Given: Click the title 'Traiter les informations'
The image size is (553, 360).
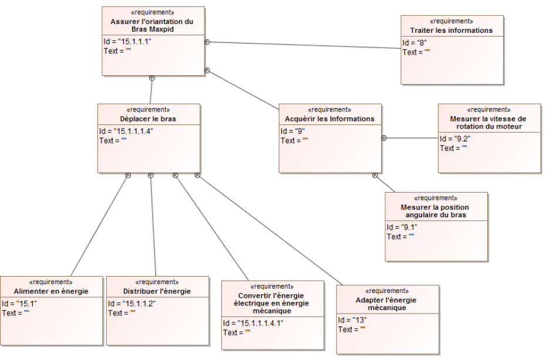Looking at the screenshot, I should tap(451, 30).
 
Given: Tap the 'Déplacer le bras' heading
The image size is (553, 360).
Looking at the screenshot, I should tap(149, 119).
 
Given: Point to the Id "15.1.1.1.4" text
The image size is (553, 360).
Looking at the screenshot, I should tap(126, 131).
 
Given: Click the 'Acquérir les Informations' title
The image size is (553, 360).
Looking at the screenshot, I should tap(330, 119).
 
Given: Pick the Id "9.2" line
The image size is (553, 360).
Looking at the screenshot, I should tap(455, 139).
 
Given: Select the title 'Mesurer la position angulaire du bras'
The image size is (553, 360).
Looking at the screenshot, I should tap(436, 211).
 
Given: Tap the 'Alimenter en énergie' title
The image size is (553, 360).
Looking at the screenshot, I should tap(51, 291).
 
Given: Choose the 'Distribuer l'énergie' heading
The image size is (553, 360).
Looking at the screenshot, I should tap(157, 291).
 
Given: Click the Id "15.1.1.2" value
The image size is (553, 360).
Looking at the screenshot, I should tap(131, 304).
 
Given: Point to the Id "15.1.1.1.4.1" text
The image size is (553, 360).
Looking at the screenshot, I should tap(252, 323).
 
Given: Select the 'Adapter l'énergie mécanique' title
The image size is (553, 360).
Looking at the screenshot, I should tap(387, 304).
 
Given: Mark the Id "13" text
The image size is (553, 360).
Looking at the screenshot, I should tap(352, 320).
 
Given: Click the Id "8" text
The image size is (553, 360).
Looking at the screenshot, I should tap(414, 43).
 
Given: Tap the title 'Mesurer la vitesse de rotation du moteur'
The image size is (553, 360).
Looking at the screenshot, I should tap(488, 122).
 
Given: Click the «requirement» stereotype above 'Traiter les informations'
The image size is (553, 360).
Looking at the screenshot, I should tap(451, 21).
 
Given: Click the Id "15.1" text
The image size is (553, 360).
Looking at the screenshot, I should tap(17, 304).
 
